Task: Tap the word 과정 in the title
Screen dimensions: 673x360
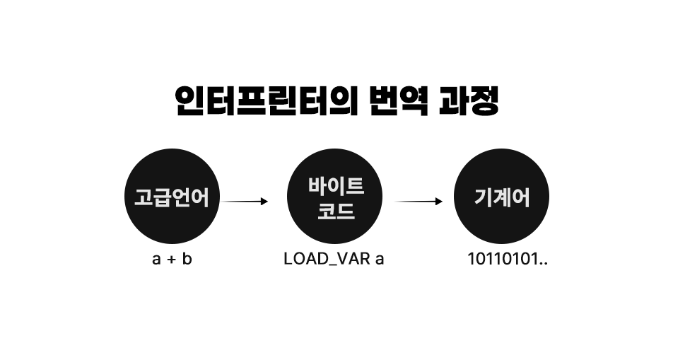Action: tap(471, 103)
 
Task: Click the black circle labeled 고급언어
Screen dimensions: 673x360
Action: tap(172, 197)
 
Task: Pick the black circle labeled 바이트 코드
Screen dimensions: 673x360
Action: tap(336, 197)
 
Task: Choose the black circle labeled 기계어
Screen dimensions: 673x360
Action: tap(501, 197)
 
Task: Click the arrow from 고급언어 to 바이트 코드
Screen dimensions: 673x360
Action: tap(245, 202)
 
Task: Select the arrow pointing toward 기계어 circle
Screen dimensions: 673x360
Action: tap(419, 202)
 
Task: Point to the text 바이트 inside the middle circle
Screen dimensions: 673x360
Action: tap(336, 187)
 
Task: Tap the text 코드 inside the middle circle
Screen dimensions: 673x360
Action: tap(336, 211)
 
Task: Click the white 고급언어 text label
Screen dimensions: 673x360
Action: tap(172, 198)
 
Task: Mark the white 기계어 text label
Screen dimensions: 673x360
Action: tap(501, 198)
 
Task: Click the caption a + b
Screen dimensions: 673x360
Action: tap(172, 259)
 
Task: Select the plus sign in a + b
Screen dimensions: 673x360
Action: tap(172, 260)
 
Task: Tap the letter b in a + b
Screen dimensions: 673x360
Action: tap(187, 259)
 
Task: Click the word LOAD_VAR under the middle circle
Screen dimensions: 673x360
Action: tap(324, 259)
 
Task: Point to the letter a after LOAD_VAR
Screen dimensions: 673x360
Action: tap(379, 260)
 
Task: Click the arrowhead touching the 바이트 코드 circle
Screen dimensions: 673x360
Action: tap(264, 202)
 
